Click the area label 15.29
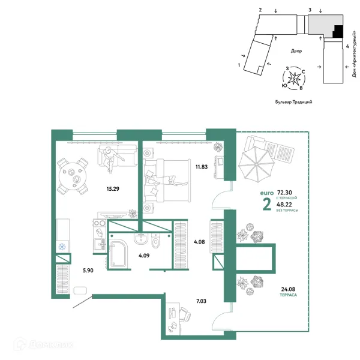click(113, 189)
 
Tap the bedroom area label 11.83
click(202, 167)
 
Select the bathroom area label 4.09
click(144, 256)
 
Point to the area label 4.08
click(199, 242)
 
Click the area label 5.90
click(88, 271)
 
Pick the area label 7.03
click(201, 301)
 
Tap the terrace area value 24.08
click(288, 289)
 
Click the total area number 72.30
click(284, 193)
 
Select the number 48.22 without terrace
click(284, 205)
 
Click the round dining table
click(73, 176)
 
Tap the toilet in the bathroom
click(155, 241)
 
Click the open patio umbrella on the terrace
click(256, 164)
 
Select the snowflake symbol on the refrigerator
click(62, 247)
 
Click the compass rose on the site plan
click(293, 79)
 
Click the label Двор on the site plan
click(296, 51)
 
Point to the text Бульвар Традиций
click(293, 102)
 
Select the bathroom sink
click(141, 239)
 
